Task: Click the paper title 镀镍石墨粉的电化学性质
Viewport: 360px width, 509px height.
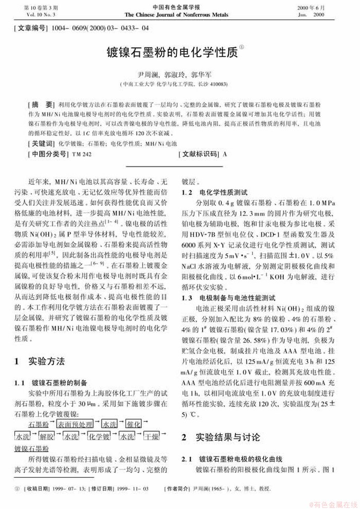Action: coord(173,52)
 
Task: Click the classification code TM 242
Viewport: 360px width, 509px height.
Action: coord(81,154)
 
